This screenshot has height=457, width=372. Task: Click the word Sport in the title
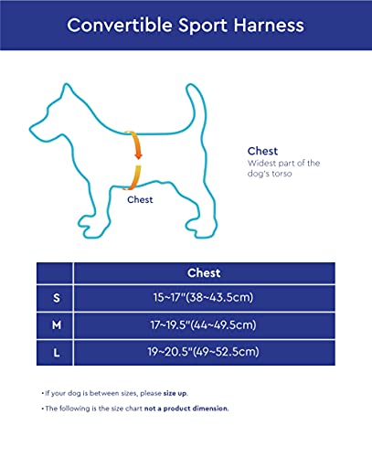point(196,25)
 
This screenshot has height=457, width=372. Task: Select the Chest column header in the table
point(203,272)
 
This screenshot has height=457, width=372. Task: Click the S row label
point(54,299)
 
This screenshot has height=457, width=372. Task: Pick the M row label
point(54,325)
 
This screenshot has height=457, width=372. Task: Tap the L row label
point(54,352)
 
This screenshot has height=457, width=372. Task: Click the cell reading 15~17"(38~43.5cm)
point(203,299)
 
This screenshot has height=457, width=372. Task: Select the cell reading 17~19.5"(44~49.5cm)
point(203,325)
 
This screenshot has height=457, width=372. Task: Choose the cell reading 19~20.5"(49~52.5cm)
point(203,352)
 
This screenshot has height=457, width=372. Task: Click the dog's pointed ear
point(65,92)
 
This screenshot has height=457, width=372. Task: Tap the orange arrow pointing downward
point(136,146)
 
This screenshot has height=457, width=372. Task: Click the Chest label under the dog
point(140,199)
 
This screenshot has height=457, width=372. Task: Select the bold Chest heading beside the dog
point(262,151)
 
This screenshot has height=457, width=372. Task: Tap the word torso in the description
point(286,174)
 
